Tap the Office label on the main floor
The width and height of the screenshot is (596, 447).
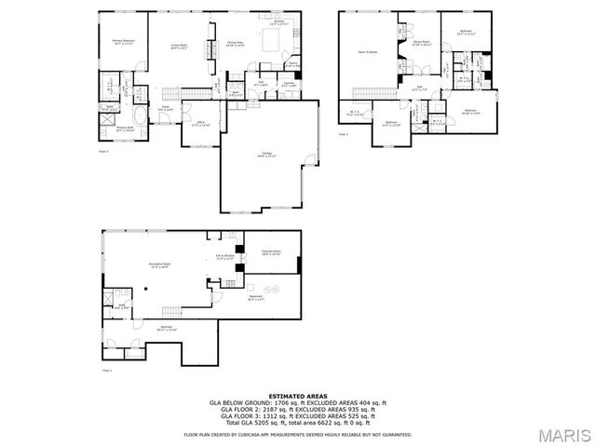coord(200,124)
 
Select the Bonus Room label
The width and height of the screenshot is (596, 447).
coord(421,42)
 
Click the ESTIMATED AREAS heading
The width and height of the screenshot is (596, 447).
coord(298,396)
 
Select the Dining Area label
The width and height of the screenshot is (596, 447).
coord(235,44)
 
